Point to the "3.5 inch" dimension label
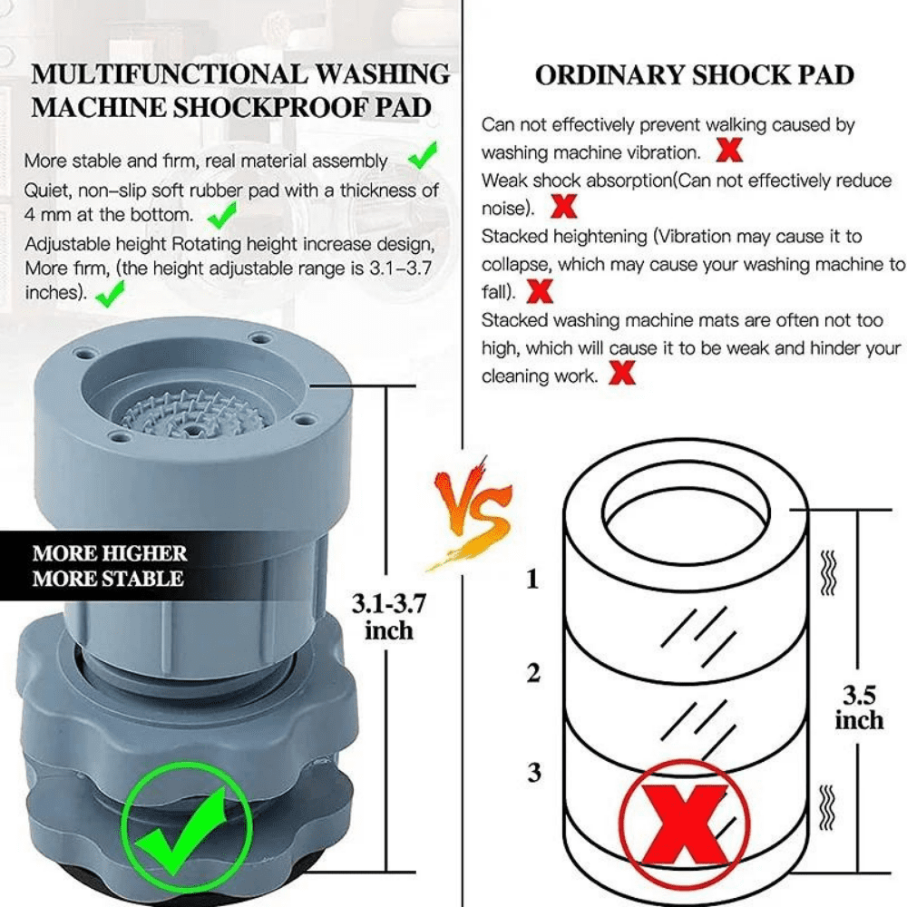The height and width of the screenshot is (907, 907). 858,707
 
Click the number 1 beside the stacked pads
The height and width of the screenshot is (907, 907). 532,578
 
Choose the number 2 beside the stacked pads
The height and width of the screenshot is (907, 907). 533,673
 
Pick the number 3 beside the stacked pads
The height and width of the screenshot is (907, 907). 534,773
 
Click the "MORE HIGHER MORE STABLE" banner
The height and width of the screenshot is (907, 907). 109,566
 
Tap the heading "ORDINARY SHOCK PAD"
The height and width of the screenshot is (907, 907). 694,75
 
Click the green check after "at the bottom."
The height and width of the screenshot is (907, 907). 221,215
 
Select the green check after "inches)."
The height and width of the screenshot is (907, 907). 111,293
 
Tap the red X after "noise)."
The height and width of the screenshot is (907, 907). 564,208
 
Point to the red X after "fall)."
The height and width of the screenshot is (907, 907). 541,292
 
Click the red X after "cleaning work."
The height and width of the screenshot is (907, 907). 621,373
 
